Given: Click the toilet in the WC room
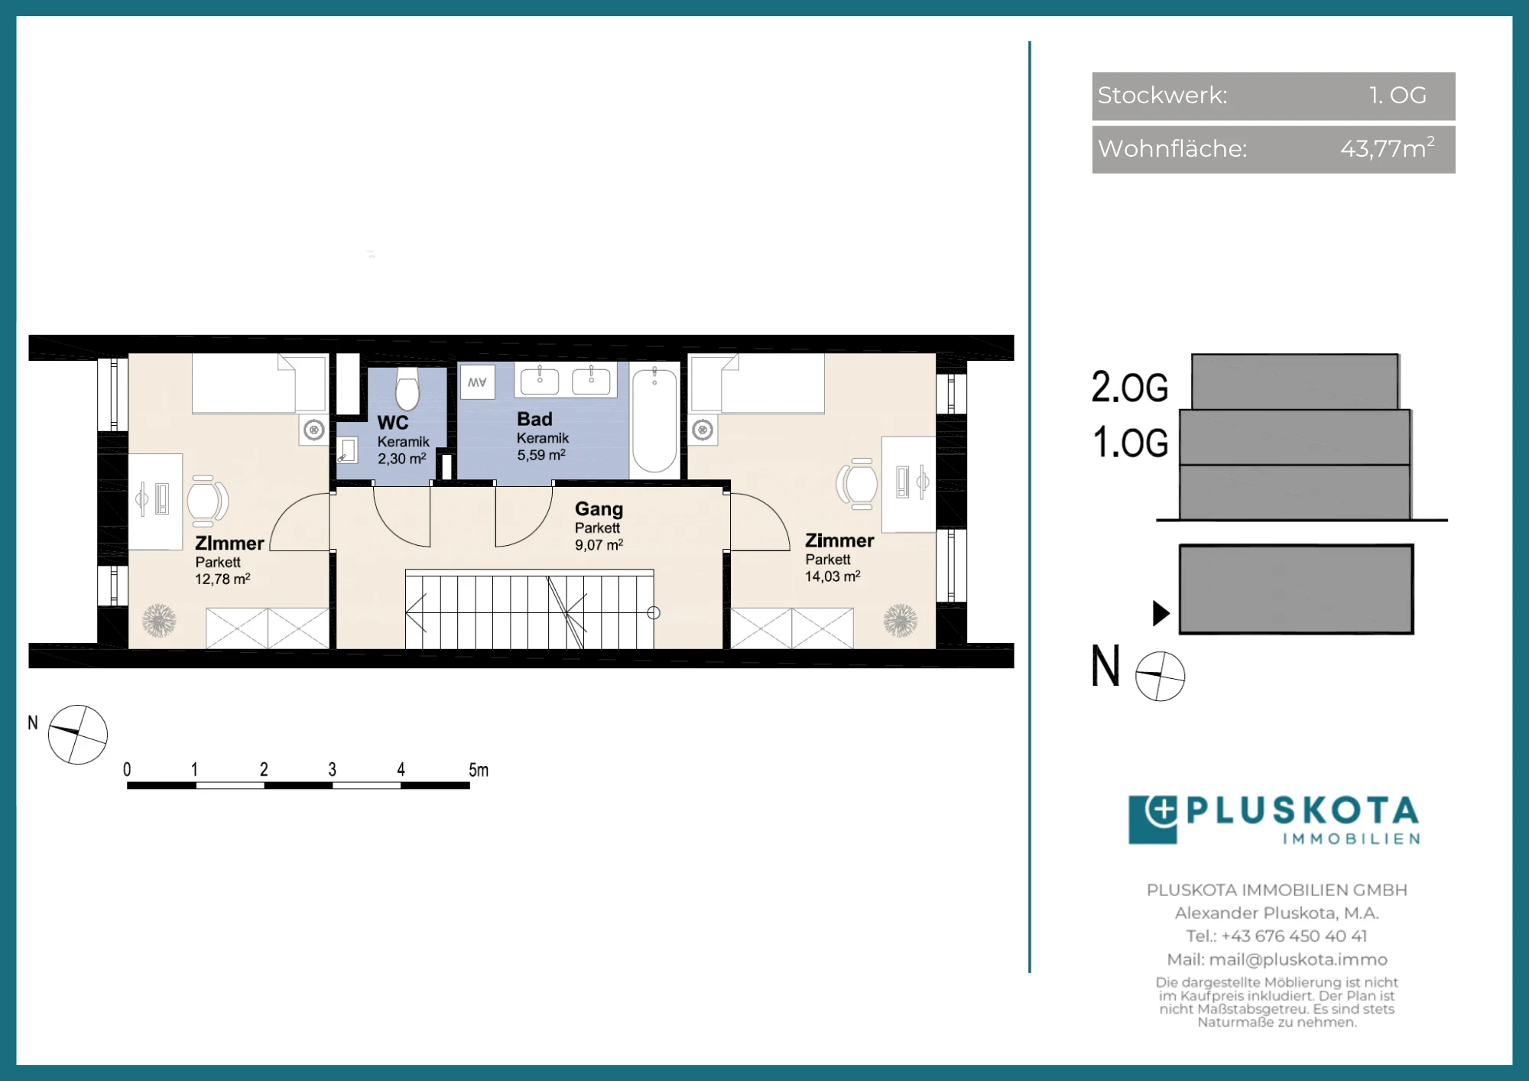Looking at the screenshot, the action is coord(407,389).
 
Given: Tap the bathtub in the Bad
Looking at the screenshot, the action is coord(654,420).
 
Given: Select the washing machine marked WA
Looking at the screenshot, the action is coord(477,382).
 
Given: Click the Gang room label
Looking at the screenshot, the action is coord(599,509).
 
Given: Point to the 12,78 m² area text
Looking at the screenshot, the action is coord(222,579).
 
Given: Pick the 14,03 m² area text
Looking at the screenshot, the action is coord(833,576).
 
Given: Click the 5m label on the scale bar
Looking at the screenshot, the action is coord(479,770).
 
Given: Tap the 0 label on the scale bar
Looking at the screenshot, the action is coord(127,769).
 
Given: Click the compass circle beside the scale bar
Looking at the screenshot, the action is coord(78,735).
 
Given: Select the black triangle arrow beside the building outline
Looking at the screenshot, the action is coord(1161,613).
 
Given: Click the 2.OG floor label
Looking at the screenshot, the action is coord(1130,387).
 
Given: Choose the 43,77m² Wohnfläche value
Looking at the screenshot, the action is coord(1388,148).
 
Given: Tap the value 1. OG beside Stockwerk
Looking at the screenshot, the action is coord(1398,95).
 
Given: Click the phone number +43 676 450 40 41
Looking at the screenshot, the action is coord(1294,936).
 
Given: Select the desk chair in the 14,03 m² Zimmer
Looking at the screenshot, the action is coord(856,484).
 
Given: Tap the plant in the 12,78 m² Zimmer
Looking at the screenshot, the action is coord(159,621).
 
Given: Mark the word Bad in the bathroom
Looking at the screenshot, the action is coord(534,419).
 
